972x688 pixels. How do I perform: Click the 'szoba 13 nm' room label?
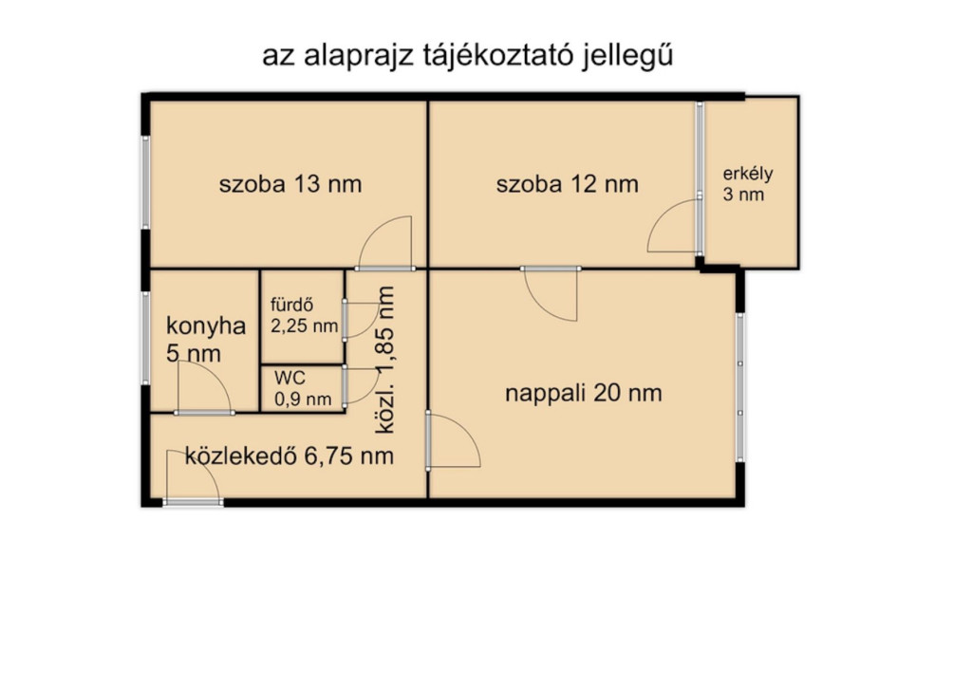[x=290, y=184]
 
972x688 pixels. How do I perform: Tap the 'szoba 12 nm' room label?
[x=568, y=184]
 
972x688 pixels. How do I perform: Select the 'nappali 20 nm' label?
[x=584, y=393]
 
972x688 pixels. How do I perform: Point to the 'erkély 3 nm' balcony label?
[x=748, y=184]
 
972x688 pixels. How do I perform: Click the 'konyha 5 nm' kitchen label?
[x=206, y=340]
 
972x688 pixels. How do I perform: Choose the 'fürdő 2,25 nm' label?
[x=304, y=315]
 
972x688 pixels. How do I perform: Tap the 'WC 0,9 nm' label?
[x=303, y=389]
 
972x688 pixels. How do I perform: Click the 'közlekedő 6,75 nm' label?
[x=289, y=456]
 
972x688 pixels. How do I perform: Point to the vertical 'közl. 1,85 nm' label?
[x=385, y=360]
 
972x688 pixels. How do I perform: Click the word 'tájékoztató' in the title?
[x=500, y=56]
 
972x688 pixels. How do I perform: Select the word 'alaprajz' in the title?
[x=358, y=56]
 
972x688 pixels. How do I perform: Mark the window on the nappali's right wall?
[x=739, y=387]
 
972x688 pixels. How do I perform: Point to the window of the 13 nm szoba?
[x=146, y=183]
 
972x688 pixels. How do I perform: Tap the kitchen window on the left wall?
[x=146, y=339]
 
